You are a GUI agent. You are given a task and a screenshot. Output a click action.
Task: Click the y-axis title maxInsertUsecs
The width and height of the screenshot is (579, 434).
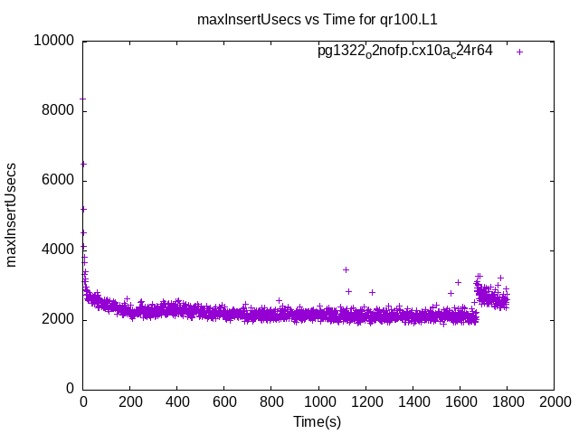point(12,215)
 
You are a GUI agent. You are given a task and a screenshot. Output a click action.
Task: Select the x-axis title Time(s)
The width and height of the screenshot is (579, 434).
point(317,421)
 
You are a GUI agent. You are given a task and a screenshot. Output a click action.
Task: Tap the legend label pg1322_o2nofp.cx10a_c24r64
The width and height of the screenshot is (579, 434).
point(404,51)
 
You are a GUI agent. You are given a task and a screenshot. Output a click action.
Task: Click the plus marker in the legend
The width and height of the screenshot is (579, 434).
point(519,52)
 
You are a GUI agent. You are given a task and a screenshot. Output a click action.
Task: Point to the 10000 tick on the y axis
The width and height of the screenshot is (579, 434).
point(55,42)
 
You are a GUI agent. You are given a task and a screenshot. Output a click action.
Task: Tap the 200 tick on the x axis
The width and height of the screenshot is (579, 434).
point(130,403)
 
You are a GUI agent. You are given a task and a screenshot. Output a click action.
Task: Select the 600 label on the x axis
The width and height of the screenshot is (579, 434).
point(224,403)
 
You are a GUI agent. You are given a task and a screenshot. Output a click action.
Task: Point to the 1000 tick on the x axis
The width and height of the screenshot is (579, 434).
point(318,403)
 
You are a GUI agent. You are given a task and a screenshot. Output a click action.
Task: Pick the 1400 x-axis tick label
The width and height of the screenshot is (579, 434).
point(413,403)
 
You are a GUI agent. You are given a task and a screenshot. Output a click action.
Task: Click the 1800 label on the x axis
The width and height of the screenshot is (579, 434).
point(507,403)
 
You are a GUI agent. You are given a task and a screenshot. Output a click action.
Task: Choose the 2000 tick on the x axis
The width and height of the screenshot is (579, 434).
point(554,403)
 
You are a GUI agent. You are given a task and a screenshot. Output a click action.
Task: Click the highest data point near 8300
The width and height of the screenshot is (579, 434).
point(83,99)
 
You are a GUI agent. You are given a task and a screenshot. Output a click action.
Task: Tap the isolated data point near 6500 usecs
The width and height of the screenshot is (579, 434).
point(84,164)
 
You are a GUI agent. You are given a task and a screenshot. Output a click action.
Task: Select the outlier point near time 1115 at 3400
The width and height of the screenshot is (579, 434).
point(346,269)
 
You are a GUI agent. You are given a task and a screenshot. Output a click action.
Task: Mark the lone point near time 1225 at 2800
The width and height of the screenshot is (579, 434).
point(372,292)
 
